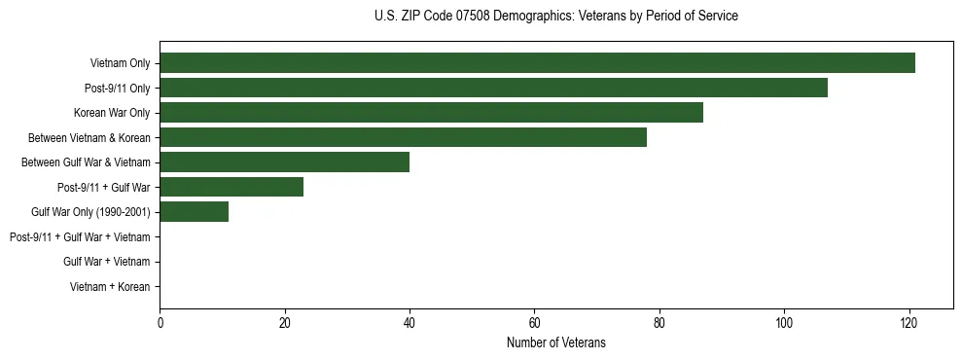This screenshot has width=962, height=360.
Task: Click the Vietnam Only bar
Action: click(537, 63)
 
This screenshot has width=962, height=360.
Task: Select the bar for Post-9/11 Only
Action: click(493, 88)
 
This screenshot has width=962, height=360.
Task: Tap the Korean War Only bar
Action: click(431, 113)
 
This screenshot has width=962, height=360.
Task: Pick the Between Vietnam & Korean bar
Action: click(403, 137)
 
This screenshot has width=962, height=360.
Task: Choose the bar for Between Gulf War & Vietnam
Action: click(284, 162)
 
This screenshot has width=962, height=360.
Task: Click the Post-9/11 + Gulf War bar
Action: click(232, 187)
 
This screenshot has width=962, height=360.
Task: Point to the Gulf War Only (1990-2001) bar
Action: click(194, 212)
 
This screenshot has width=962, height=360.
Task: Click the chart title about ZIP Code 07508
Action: click(555, 17)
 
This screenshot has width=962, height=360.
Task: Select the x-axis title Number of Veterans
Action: click(555, 342)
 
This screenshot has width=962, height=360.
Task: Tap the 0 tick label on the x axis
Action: click(160, 323)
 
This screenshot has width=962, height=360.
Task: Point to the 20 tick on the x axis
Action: click(284, 323)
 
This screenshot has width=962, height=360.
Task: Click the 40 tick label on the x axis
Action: click(410, 323)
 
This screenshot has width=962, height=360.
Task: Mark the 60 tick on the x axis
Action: click(534, 323)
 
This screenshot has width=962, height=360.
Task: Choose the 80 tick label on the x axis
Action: click(659, 323)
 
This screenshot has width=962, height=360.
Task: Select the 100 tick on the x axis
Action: click(784, 323)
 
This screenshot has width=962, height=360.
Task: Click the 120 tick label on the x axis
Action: click(909, 323)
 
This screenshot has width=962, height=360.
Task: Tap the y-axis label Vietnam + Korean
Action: click(110, 287)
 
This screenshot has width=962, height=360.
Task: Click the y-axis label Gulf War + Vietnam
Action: click(106, 262)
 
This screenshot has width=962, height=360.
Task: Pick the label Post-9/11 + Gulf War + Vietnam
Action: click(80, 237)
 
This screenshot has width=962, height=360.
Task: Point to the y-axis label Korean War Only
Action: click(112, 113)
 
